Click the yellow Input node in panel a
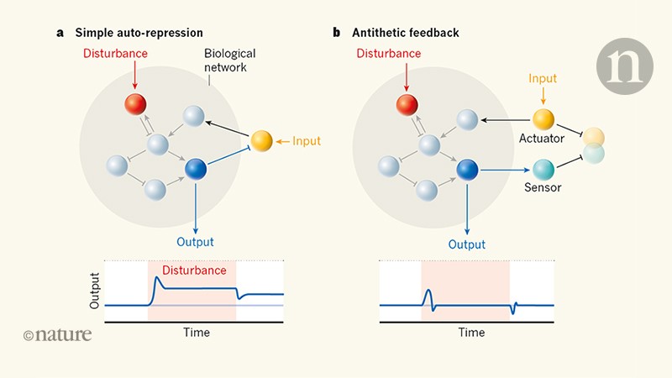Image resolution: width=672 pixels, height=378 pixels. (260, 140)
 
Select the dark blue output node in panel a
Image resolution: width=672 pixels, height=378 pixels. (196, 170)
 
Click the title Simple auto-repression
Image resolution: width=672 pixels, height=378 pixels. (139, 33)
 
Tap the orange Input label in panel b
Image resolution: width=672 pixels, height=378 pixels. (543, 78)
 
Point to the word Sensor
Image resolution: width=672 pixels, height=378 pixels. (543, 188)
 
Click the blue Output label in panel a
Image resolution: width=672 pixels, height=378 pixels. (196, 242)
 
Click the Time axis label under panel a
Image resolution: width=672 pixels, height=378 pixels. (197, 333)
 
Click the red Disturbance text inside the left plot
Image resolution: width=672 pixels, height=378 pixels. (194, 270)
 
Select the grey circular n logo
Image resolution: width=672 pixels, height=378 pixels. (624, 66)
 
